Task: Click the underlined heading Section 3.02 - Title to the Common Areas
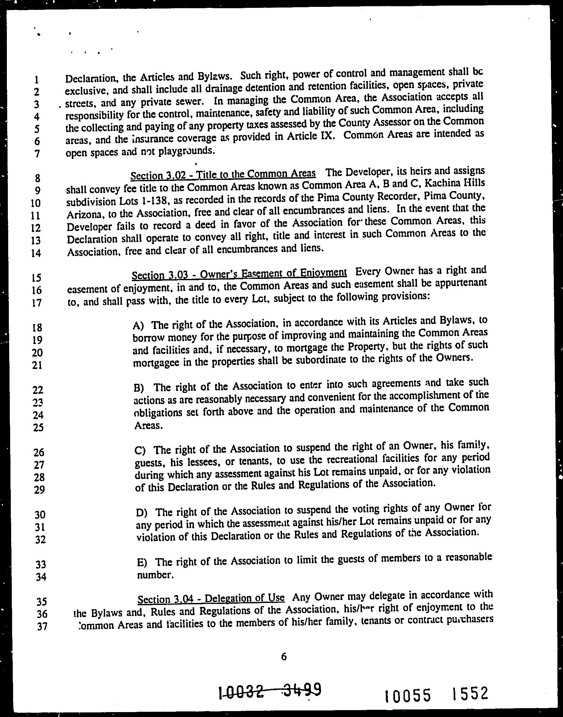[x=223, y=174]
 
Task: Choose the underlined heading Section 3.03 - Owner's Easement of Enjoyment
[x=239, y=273]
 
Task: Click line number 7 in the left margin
[x=37, y=153]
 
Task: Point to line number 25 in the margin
[x=39, y=427]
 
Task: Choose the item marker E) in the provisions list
[x=142, y=562]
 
